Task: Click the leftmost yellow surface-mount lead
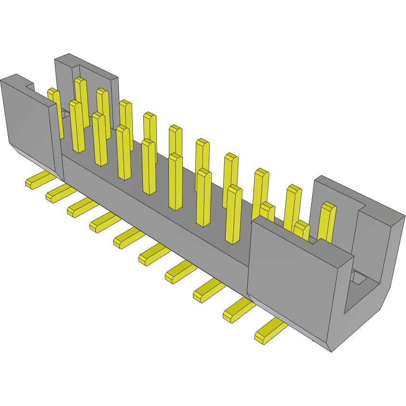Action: click(38, 180)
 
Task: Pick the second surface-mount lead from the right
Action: click(238, 309)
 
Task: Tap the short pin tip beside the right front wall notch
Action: click(302, 229)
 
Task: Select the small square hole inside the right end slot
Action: click(358, 277)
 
